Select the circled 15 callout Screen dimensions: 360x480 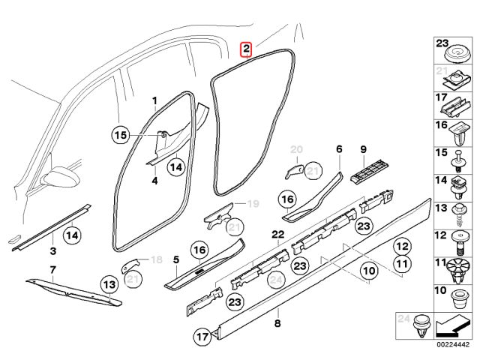pyautogui.click(x=121, y=135)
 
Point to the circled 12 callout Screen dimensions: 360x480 pyautogui.click(x=402, y=246)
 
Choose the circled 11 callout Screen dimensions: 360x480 pyautogui.click(x=402, y=264)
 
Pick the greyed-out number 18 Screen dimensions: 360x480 pyautogui.click(x=157, y=259)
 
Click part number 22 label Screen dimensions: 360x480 pyautogui.click(x=277, y=235)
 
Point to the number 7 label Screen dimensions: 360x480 pyautogui.click(x=52, y=269)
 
